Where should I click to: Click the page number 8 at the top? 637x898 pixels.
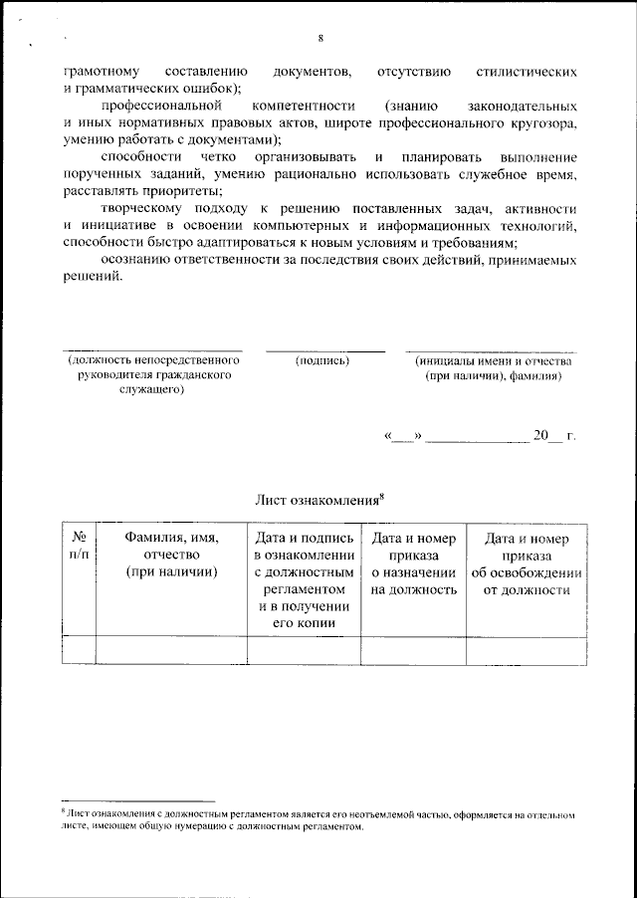pos(320,39)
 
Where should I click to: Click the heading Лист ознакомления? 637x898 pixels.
pos(319,499)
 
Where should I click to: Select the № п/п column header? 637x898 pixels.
pos(79,547)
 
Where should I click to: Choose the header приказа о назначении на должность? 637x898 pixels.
pos(413,563)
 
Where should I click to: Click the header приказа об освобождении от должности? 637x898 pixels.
pos(527,563)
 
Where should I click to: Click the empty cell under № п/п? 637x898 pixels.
pos(79,649)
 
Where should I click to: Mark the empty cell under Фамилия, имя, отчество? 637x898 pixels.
pos(171,649)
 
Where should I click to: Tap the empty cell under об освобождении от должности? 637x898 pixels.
pos(527,649)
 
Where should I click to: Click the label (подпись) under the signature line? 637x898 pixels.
pos(323,361)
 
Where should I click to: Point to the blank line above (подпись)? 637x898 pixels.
pos(324,349)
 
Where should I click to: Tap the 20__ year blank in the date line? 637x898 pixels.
pos(548,436)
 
